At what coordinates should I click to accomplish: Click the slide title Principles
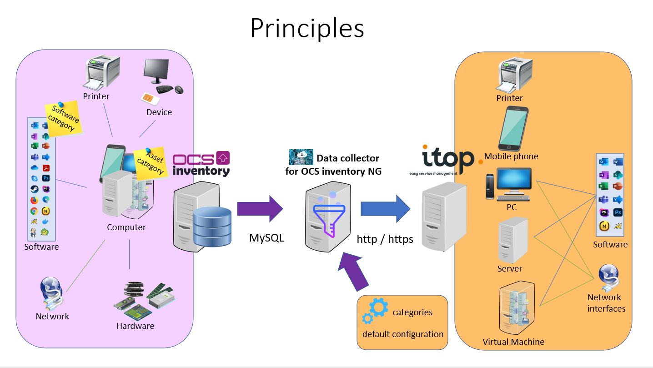tap(307, 28)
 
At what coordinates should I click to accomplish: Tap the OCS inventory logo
tap(201, 164)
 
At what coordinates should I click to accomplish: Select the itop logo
tap(448, 161)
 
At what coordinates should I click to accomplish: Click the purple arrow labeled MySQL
tap(260, 209)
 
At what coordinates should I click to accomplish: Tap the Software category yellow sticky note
tap(64, 119)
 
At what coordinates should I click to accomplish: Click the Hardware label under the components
tap(135, 326)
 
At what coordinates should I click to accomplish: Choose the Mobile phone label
tap(511, 156)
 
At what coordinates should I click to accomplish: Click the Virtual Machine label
tap(513, 342)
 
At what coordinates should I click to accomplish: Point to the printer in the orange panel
tap(516, 75)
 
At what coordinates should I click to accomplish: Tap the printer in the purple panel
tap(102, 73)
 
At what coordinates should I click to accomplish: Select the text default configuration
tap(402, 334)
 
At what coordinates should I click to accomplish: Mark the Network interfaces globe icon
tap(608, 278)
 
